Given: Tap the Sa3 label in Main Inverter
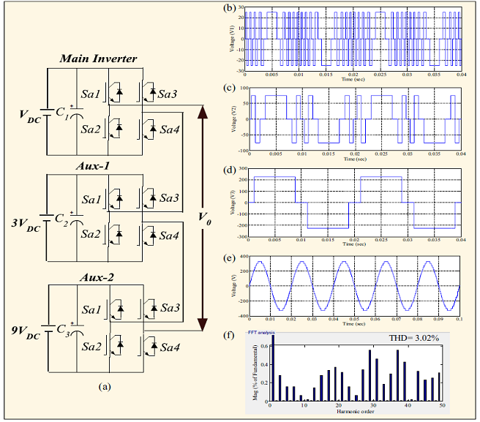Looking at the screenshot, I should [170, 96].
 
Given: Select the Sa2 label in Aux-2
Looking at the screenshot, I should [91, 346].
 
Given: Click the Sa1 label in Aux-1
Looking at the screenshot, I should [91, 199].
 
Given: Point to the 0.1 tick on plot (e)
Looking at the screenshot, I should [459, 320].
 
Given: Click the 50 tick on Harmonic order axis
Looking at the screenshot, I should [441, 405].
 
